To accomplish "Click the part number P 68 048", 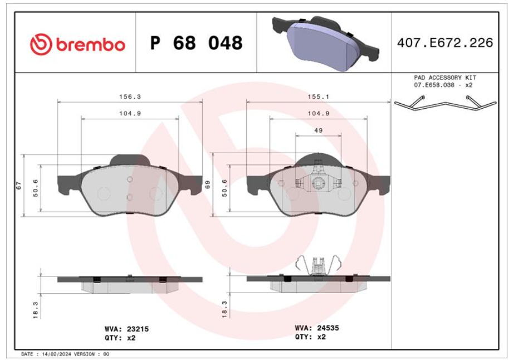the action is click(196, 43).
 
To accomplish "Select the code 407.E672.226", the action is click(445, 43).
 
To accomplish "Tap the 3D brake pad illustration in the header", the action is click(325, 42).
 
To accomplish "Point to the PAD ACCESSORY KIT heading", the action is click(445, 78).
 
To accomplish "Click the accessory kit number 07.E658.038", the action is click(434, 85).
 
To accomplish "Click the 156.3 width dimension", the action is click(130, 97).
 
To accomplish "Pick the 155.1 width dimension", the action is click(319, 97).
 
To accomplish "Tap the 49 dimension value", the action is click(319, 130).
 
